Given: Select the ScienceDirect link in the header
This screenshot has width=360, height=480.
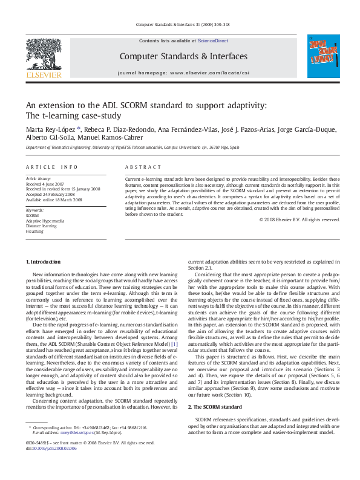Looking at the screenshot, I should tap(212, 41).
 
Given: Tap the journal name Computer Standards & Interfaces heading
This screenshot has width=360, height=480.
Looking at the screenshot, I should tap(183, 56).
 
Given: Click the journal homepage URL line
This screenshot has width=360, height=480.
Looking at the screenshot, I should tap(183, 73).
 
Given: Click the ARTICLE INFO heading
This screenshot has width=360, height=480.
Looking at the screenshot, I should tap(51, 166).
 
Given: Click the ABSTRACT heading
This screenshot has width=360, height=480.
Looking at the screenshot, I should tap(139, 166).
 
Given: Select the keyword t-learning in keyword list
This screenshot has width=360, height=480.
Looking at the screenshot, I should tap(34, 231).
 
